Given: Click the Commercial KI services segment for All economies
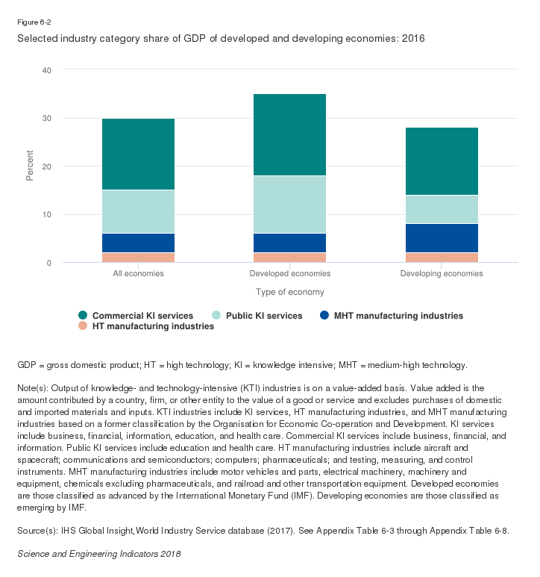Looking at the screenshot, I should [x=138, y=154].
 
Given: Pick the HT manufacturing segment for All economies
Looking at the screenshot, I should [x=138, y=258].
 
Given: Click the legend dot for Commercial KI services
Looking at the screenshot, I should [x=83, y=316].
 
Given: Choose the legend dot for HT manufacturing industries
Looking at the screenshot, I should [x=83, y=326].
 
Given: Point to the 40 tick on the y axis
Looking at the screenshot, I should [x=47, y=70].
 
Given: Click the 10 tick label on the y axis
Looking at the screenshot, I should [x=47, y=215].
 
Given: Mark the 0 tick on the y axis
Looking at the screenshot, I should [x=49, y=263].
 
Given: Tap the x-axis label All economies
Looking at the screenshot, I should [x=138, y=274].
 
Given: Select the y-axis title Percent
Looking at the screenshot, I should [x=31, y=166].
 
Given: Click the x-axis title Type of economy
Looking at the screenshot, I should [x=290, y=292].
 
